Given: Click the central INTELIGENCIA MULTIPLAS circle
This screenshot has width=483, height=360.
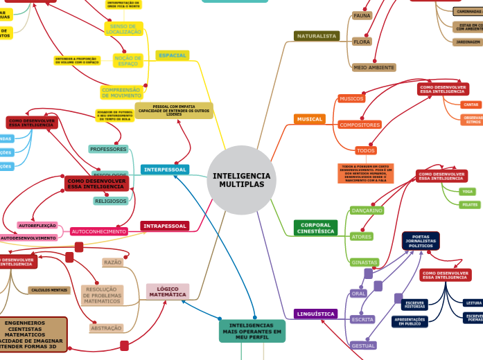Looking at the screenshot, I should pos(242,180).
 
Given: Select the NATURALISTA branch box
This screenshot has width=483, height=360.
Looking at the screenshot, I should pos(317,36).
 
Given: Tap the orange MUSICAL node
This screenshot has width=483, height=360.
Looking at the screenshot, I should pos(310,119).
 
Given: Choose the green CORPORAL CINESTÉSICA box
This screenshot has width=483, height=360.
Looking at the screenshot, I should pos(315,228).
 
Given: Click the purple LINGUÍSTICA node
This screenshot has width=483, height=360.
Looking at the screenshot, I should pos(315,314).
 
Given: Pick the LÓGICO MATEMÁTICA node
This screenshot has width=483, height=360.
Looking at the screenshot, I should pos(167,292).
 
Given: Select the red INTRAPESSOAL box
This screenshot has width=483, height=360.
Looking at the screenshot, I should pos(165,226).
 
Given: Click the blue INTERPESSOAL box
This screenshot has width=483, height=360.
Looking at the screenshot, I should pos(165,170).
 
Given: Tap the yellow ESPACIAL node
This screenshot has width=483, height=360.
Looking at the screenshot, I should pos(173,55).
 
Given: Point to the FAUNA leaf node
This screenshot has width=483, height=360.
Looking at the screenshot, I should pos(362,15).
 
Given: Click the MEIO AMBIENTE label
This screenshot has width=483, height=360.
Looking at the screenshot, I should pos(374,68).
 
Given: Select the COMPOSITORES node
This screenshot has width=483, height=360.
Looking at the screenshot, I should pos(360,125).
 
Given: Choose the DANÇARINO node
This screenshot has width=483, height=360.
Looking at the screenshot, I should pos(367,210).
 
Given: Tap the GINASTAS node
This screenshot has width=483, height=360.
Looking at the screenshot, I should pos(365,262).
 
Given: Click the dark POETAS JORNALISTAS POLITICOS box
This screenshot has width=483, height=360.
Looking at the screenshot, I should pos(421,241).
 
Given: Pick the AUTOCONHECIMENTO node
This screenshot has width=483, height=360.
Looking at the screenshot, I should pos(98,231).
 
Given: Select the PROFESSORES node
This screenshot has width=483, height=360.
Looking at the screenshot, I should pos(109,149).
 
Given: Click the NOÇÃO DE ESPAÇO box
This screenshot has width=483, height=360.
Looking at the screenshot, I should pos(128,60).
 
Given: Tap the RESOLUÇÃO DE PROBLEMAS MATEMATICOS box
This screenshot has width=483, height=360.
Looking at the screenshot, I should pos(103,295).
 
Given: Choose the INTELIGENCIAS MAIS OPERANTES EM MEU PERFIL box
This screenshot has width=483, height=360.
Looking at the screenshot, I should pos(252,331).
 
